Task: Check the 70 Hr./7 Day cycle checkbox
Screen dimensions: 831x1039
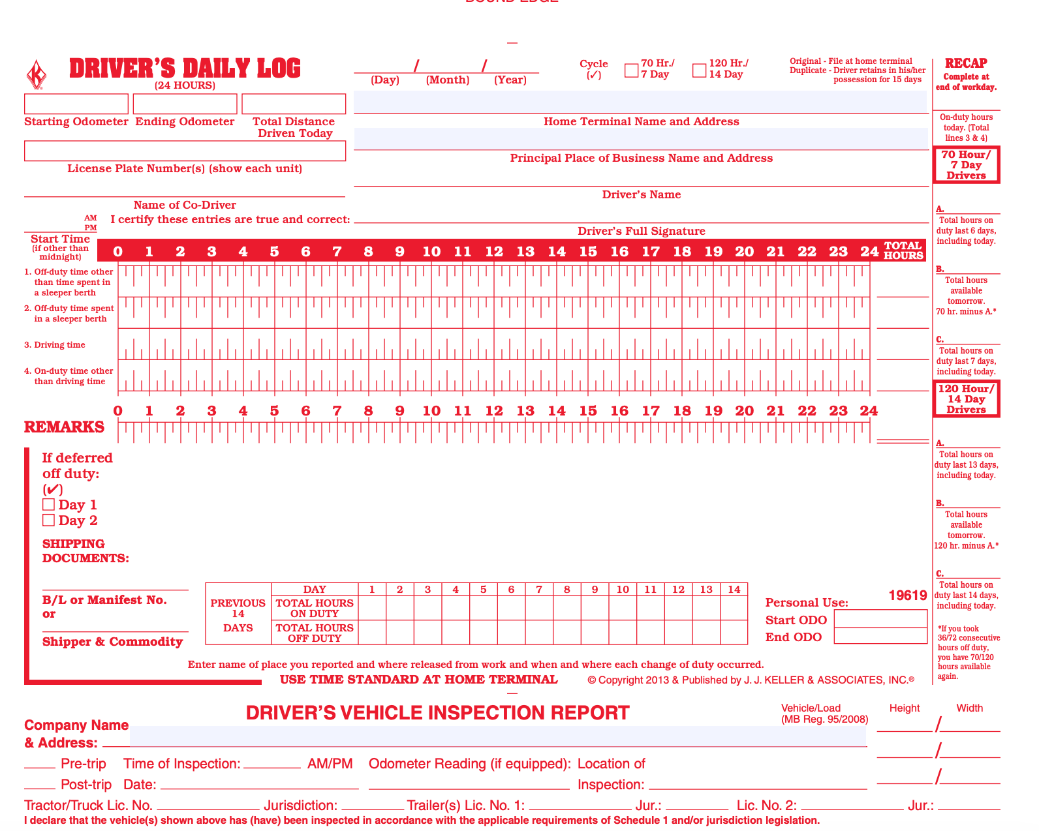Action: coord(631,70)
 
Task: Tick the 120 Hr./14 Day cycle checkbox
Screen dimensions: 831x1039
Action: coord(699,70)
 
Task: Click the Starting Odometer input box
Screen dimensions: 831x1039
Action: coord(76,104)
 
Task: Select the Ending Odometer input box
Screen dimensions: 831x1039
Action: coord(185,104)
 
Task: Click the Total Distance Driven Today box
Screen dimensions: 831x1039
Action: coord(294,104)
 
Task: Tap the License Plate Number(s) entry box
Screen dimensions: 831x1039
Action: coord(185,151)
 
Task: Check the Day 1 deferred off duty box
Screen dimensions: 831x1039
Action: coord(48,505)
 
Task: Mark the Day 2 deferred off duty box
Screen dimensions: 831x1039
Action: coord(48,521)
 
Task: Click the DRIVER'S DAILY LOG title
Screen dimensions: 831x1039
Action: coord(185,68)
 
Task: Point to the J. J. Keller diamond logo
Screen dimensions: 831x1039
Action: coord(37,75)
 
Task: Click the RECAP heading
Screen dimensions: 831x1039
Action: coord(966,63)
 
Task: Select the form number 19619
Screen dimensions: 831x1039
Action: coord(908,596)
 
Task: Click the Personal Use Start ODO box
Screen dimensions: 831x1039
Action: coord(880,619)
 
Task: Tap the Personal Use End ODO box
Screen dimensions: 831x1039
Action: coord(880,636)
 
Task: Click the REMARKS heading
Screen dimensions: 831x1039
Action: coord(64,427)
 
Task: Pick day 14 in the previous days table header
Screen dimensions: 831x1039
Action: coord(734,590)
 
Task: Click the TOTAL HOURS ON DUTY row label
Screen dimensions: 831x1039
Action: coord(315,609)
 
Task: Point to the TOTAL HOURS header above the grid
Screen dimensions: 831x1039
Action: coord(903,250)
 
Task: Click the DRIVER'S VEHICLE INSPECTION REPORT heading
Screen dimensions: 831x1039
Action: coord(437,713)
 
